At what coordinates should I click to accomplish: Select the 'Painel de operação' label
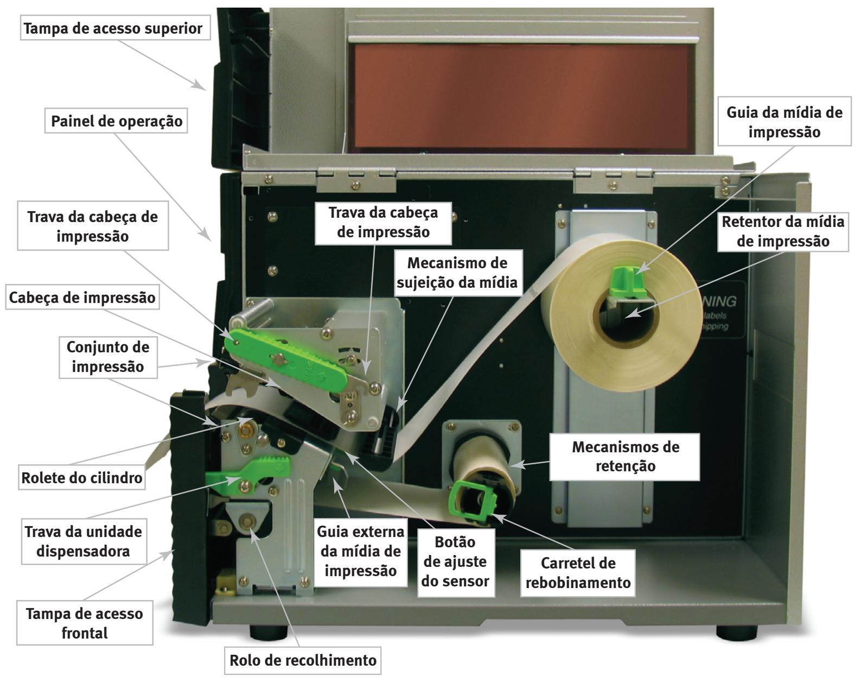116,121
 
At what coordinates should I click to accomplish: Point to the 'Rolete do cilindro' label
82,478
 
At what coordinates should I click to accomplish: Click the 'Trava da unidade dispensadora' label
83,541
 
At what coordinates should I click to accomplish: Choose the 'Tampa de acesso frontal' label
84,623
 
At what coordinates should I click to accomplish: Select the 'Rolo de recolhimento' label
303,660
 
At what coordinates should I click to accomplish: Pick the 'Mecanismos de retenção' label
625,456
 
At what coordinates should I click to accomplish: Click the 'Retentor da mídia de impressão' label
782,231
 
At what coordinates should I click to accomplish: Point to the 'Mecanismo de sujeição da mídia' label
457,273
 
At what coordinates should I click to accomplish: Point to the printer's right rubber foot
736,632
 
